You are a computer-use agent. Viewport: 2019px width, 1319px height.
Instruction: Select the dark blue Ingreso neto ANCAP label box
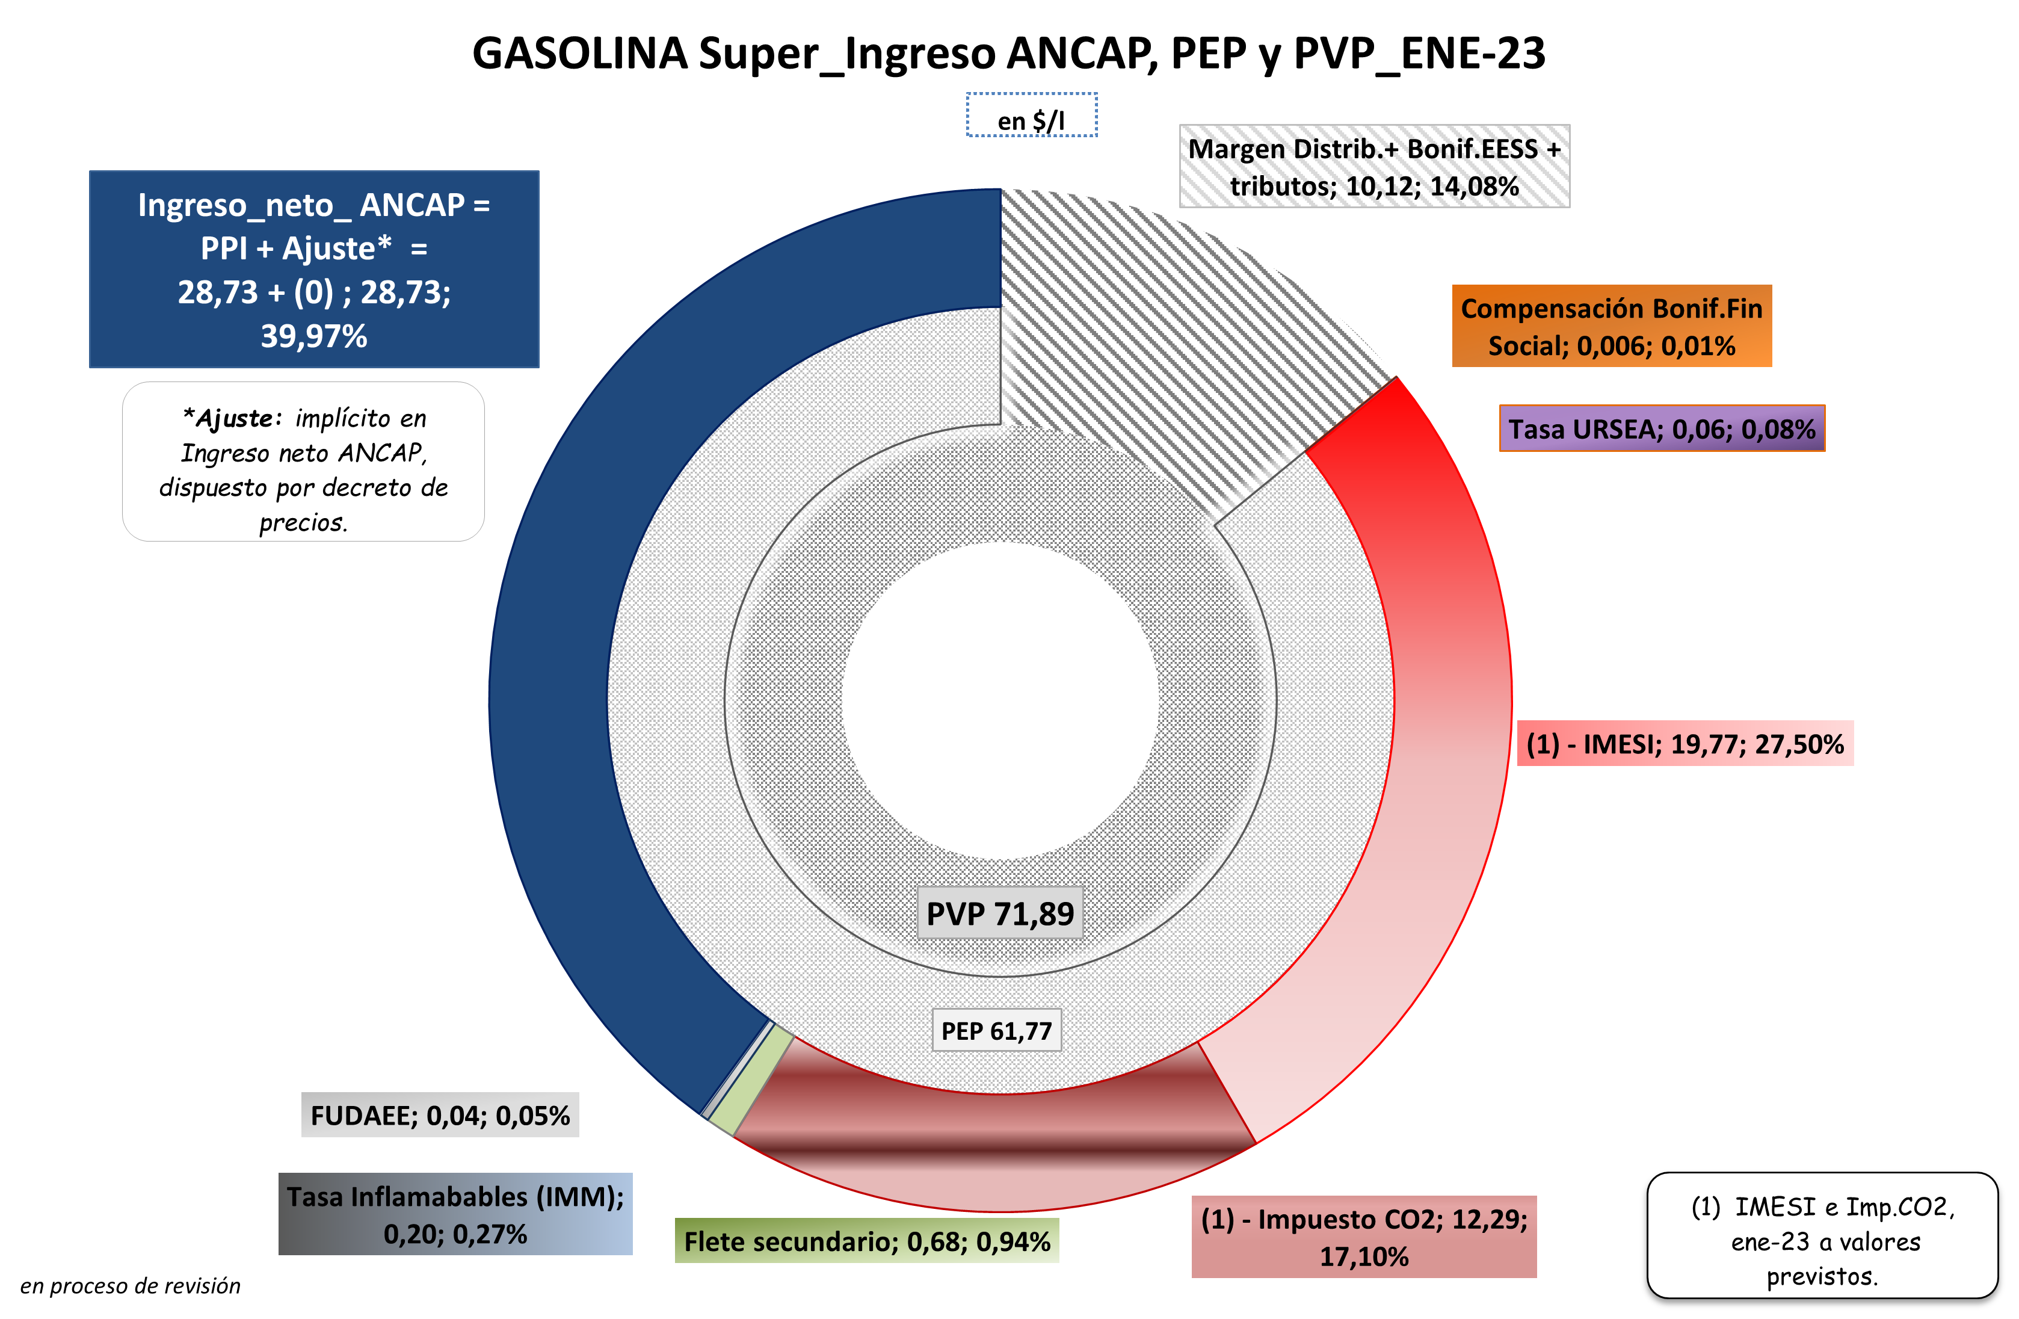pyautogui.click(x=314, y=269)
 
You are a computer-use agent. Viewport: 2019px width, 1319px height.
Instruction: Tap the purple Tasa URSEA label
pyautogui.click(x=1661, y=428)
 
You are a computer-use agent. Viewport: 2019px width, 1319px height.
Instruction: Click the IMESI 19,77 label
pyautogui.click(x=1684, y=744)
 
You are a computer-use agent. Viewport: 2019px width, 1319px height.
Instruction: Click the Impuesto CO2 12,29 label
pyautogui.click(x=1363, y=1236)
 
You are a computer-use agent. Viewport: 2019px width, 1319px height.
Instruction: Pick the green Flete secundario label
pyautogui.click(x=866, y=1241)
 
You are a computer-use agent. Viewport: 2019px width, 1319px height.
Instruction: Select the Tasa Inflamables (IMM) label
pyautogui.click(x=455, y=1214)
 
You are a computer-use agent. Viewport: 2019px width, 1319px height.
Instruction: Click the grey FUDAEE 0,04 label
pyautogui.click(x=439, y=1114)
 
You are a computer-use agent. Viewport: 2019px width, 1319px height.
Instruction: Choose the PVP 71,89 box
pyautogui.click(x=999, y=913)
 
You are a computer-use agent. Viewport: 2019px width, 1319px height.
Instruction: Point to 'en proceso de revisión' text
pyautogui.click(x=130, y=1286)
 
